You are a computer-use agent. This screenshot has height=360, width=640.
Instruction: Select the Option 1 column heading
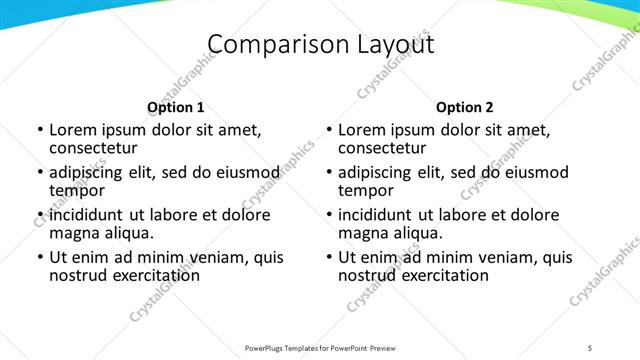click(x=176, y=107)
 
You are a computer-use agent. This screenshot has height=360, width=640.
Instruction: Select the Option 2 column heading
click(x=465, y=107)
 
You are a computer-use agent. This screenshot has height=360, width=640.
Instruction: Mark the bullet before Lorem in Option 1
click(x=39, y=131)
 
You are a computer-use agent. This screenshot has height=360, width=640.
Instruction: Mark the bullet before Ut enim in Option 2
click(x=328, y=257)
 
